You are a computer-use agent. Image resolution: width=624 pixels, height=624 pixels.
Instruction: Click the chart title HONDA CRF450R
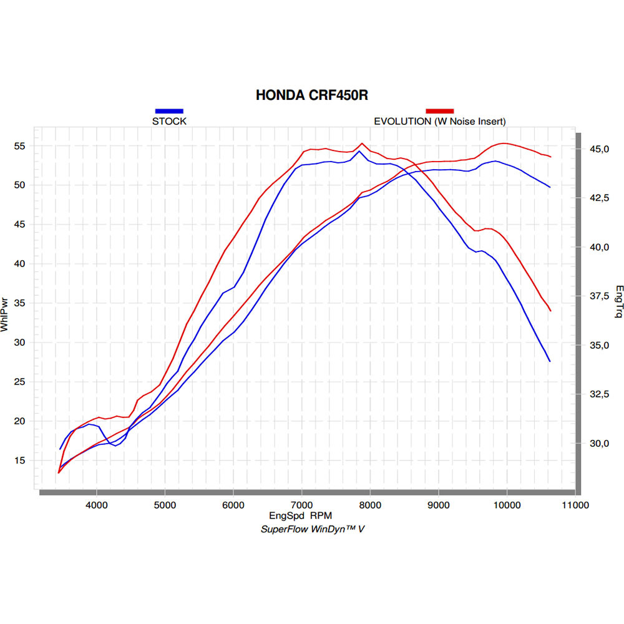(311, 95)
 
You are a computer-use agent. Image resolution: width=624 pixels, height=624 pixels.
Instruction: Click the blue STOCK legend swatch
(169, 111)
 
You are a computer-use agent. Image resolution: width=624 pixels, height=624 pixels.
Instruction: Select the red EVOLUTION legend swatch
(440, 111)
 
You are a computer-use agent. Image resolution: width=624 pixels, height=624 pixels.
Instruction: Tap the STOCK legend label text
(169, 121)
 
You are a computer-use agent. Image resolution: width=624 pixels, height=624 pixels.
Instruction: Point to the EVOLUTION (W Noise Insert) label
(440, 122)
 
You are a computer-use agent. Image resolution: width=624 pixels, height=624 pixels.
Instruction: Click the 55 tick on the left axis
(19, 146)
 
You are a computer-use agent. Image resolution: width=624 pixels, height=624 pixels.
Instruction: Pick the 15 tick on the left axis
(19, 461)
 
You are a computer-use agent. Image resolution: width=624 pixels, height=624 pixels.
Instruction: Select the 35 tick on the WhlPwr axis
(19, 303)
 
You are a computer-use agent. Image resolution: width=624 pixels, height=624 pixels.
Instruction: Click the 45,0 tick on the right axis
(599, 149)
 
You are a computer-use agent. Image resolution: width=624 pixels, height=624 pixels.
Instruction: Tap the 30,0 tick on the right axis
(599, 443)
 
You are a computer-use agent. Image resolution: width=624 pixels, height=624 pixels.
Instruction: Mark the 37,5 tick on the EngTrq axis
(599, 296)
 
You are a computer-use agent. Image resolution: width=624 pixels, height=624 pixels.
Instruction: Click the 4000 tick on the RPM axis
(97, 505)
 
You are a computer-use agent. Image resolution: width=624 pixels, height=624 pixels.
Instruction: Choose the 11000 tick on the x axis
(575, 505)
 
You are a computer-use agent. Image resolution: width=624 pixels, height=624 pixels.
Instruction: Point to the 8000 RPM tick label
(370, 505)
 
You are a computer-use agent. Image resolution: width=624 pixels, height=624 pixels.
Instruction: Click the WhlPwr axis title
(4, 314)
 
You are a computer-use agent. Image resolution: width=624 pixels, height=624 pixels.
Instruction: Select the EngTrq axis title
(619, 301)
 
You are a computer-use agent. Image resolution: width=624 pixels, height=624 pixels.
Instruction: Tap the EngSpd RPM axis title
(301, 516)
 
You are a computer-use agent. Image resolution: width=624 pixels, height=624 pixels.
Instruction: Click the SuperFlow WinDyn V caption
(313, 529)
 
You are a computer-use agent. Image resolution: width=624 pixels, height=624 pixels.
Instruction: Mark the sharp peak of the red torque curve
(362, 144)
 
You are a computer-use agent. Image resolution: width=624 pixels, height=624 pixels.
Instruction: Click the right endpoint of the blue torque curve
(550, 361)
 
